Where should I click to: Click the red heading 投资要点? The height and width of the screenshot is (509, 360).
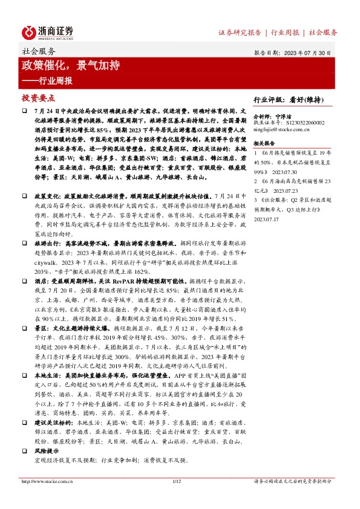pyautogui.click(x=38, y=97)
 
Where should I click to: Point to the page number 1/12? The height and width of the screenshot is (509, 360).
pyautogui.click(x=178, y=481)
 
